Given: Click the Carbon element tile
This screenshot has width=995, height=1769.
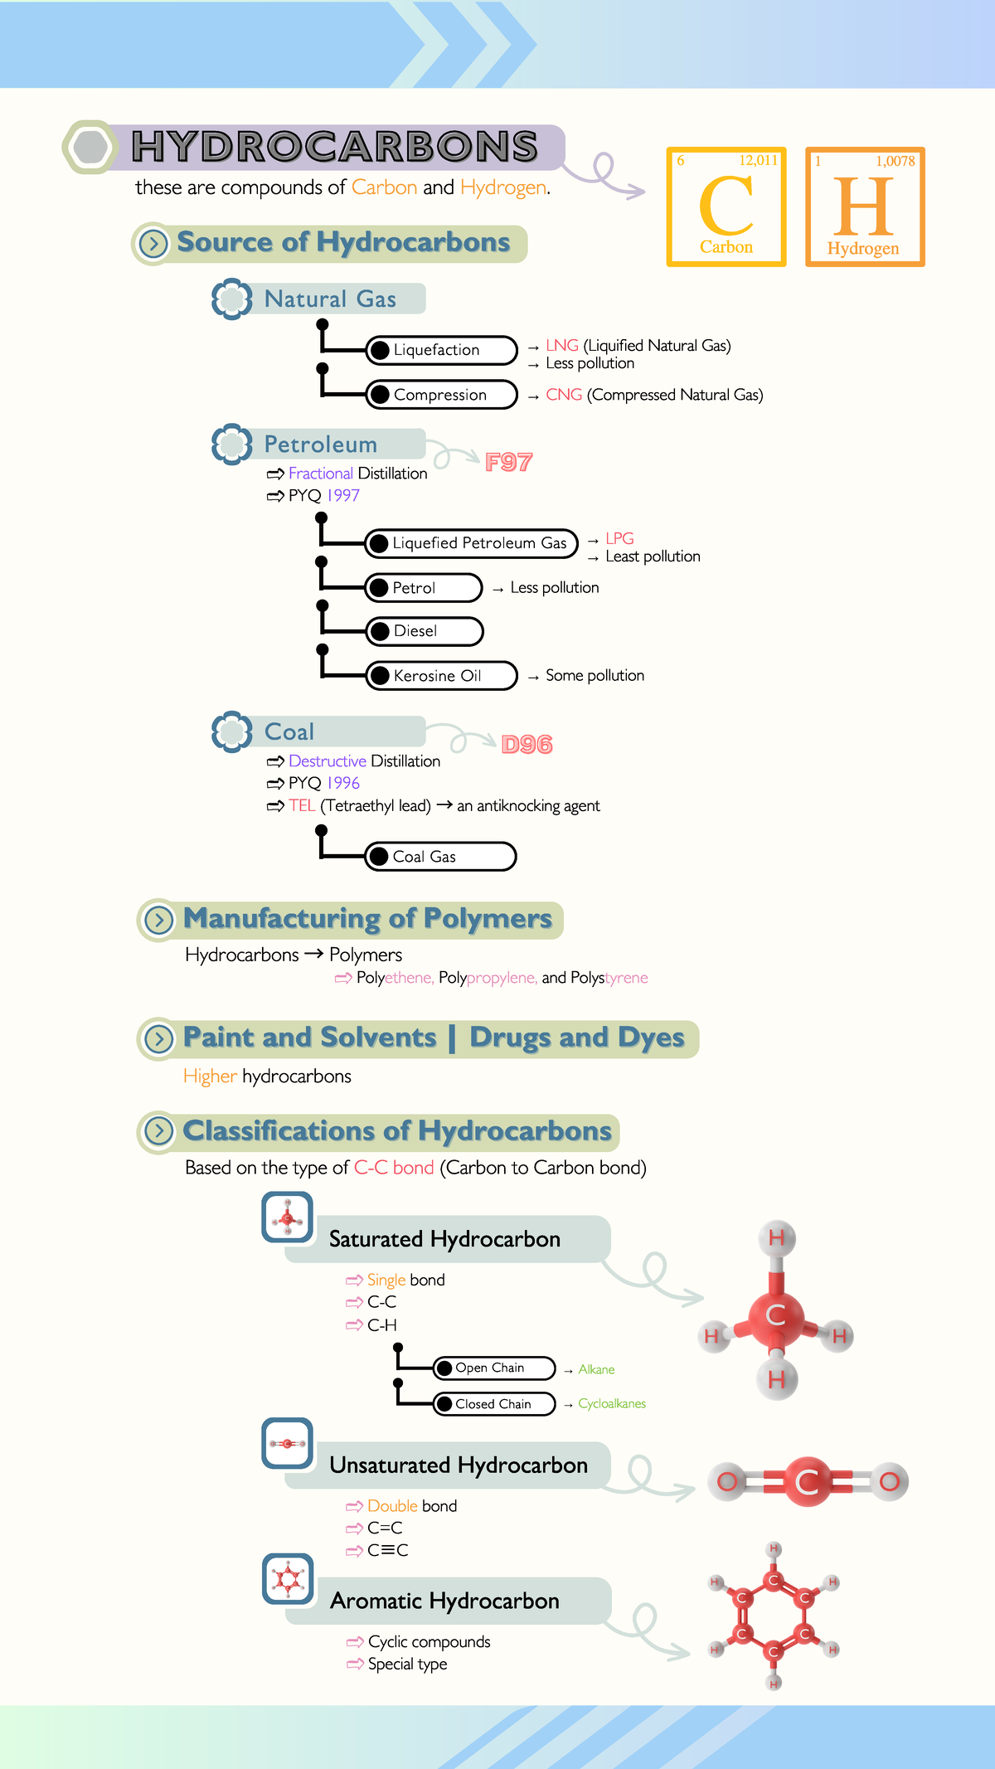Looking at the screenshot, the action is coord(726,207).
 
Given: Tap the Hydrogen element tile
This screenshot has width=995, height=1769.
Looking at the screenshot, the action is coord(865,207).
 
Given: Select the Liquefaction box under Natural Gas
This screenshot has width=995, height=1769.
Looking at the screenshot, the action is coord(442,350).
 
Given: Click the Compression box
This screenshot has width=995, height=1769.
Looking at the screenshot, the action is coord(442,395).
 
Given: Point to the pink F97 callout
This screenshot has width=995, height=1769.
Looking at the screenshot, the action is coord(508,462).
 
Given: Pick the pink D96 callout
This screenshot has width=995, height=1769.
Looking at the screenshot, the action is coord(527,745).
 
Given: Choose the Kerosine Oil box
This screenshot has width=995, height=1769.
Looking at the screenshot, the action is coord(442,676).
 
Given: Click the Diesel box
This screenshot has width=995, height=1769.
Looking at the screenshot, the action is coord(425,631).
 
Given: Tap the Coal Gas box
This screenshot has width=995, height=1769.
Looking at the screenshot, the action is coord(440,857).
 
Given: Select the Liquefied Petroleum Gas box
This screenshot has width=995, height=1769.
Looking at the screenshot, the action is coord(471,543).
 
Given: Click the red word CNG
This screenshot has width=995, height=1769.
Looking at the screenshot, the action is coord(564,395).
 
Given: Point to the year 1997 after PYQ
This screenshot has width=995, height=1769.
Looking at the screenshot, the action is coord(343,495).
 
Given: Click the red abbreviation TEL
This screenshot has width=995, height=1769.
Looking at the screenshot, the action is coord(302,805).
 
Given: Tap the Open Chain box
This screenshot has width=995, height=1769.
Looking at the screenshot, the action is coord(494,1368).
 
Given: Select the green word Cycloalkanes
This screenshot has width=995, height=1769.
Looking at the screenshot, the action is coord(612,1403).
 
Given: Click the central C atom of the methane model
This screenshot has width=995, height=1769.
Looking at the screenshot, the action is coord(776,1315).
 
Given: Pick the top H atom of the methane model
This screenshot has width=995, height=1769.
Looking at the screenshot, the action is coord(777,1238).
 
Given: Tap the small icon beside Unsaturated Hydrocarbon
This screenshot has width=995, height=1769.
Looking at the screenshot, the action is coord(288,1444).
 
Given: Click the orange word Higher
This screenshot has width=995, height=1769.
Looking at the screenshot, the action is coord(211,1076).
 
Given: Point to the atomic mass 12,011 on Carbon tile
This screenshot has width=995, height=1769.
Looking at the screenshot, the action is coord(759,160).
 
